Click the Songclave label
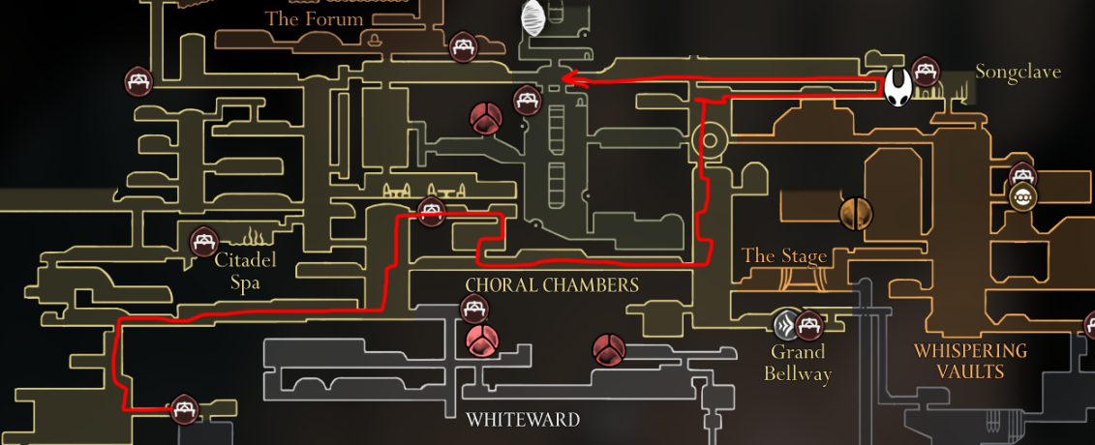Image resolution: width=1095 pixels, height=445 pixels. (1018, 73)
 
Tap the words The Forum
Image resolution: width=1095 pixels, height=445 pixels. (315, 18)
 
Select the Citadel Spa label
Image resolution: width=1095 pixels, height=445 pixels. (245, 271)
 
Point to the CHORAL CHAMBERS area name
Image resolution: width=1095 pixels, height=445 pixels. (552, 285)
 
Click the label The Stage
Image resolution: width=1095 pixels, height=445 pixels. (784, 256)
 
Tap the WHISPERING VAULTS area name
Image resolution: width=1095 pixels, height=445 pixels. (971, 361)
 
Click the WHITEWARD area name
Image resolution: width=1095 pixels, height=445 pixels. (523, 420)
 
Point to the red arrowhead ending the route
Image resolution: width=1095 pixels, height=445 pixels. (571, 79)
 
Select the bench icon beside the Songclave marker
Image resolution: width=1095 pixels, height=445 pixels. (927, 71)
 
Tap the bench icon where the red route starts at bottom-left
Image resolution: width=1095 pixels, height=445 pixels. (184, 410)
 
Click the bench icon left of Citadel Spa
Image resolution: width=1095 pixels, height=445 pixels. (202, 239)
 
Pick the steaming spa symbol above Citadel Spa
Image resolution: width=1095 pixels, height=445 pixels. (254, 236)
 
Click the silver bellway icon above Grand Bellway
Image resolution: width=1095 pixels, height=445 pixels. (786, 325)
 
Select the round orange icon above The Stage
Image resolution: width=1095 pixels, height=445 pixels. (856, 213)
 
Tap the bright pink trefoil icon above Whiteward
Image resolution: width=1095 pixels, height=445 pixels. (481, 341)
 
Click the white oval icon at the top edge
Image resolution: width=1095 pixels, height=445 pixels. (532, 17)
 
